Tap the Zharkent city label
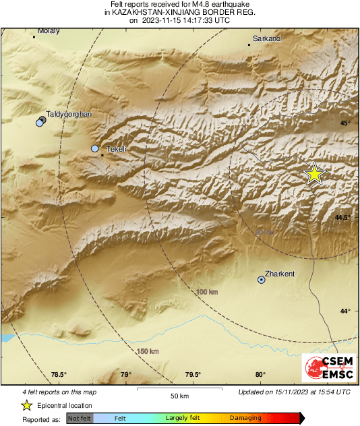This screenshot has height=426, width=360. coord(281,274)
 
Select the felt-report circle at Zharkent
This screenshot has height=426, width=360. coord(262,279)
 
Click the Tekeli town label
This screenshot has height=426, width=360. coord(117,149)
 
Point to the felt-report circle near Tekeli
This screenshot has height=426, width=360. coord(95,148)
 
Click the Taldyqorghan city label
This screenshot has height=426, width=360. coord(68,115)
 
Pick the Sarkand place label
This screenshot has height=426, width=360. coord(266,39)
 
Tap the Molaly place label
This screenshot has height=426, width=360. coord(49,30)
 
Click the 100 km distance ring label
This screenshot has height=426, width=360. coord(207,292)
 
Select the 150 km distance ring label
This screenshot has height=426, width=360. coord(148,351)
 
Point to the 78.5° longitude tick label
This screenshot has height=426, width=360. coord(59,375)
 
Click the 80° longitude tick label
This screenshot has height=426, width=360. coord(260,375)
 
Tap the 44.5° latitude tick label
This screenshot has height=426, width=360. coord(344,217)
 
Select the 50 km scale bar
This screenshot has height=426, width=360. coord(178,390)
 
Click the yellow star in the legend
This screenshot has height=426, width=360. coord(26,405)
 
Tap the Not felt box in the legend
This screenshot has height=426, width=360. coord(80,419)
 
